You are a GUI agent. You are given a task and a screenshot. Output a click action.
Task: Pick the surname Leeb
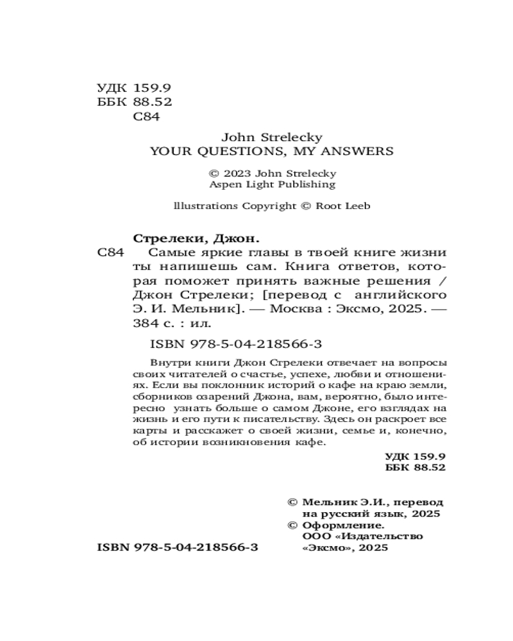coord(356,206)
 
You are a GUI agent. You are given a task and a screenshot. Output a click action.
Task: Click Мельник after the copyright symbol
coord(329,503)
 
